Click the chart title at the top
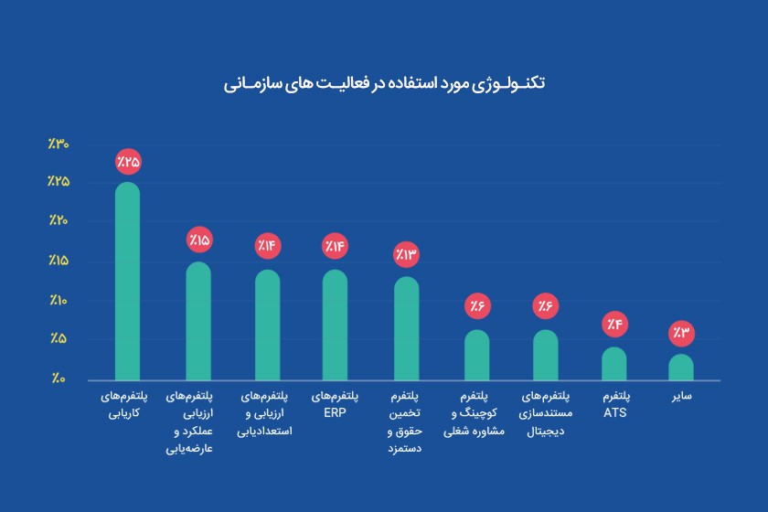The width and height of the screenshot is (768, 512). click(384, 83)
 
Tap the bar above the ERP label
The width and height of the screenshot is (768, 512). click(335, 325)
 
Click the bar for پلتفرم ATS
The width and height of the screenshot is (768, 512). click(614, 363)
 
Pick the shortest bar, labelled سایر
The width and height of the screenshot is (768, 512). click(681, 367)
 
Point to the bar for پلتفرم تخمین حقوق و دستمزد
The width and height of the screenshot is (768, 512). click(406, 328)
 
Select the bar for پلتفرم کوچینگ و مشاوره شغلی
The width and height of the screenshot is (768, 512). click(476, 355)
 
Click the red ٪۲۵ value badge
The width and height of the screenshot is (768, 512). click(128, 162)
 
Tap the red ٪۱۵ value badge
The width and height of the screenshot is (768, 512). click(198, 240)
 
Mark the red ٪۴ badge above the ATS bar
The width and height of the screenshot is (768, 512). click(614, 325)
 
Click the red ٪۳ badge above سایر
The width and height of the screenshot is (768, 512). click(681, 332)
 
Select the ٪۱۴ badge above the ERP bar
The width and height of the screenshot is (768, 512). click(335, 247)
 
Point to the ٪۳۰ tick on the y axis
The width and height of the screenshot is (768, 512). click(59, 144)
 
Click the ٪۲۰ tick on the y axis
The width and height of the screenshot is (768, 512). click(59, 221)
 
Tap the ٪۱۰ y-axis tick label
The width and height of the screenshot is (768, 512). click(59, 300)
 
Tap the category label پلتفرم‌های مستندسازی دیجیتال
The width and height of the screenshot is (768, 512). click(545, 413)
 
